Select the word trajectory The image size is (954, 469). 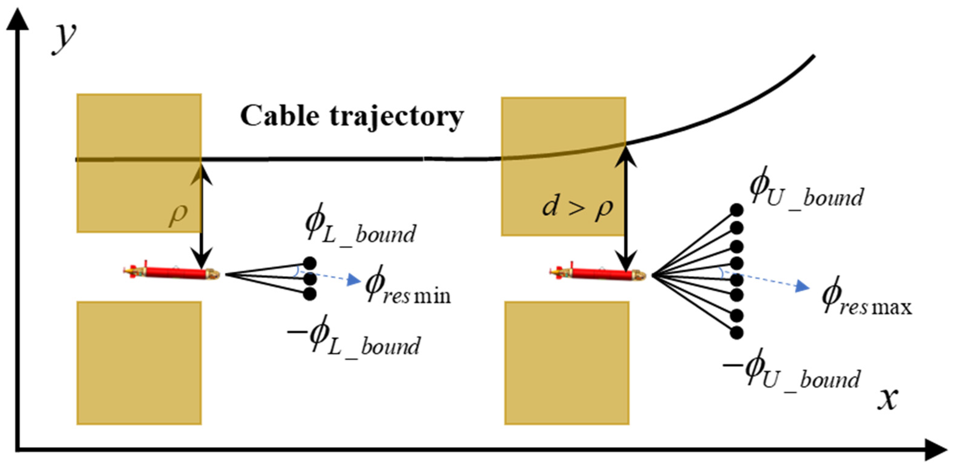coord(396,117)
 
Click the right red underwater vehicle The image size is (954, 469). coord(597,274)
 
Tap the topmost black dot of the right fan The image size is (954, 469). coord(736,210)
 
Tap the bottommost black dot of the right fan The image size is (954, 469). coord(736,333)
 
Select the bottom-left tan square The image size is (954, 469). coord(139,363)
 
